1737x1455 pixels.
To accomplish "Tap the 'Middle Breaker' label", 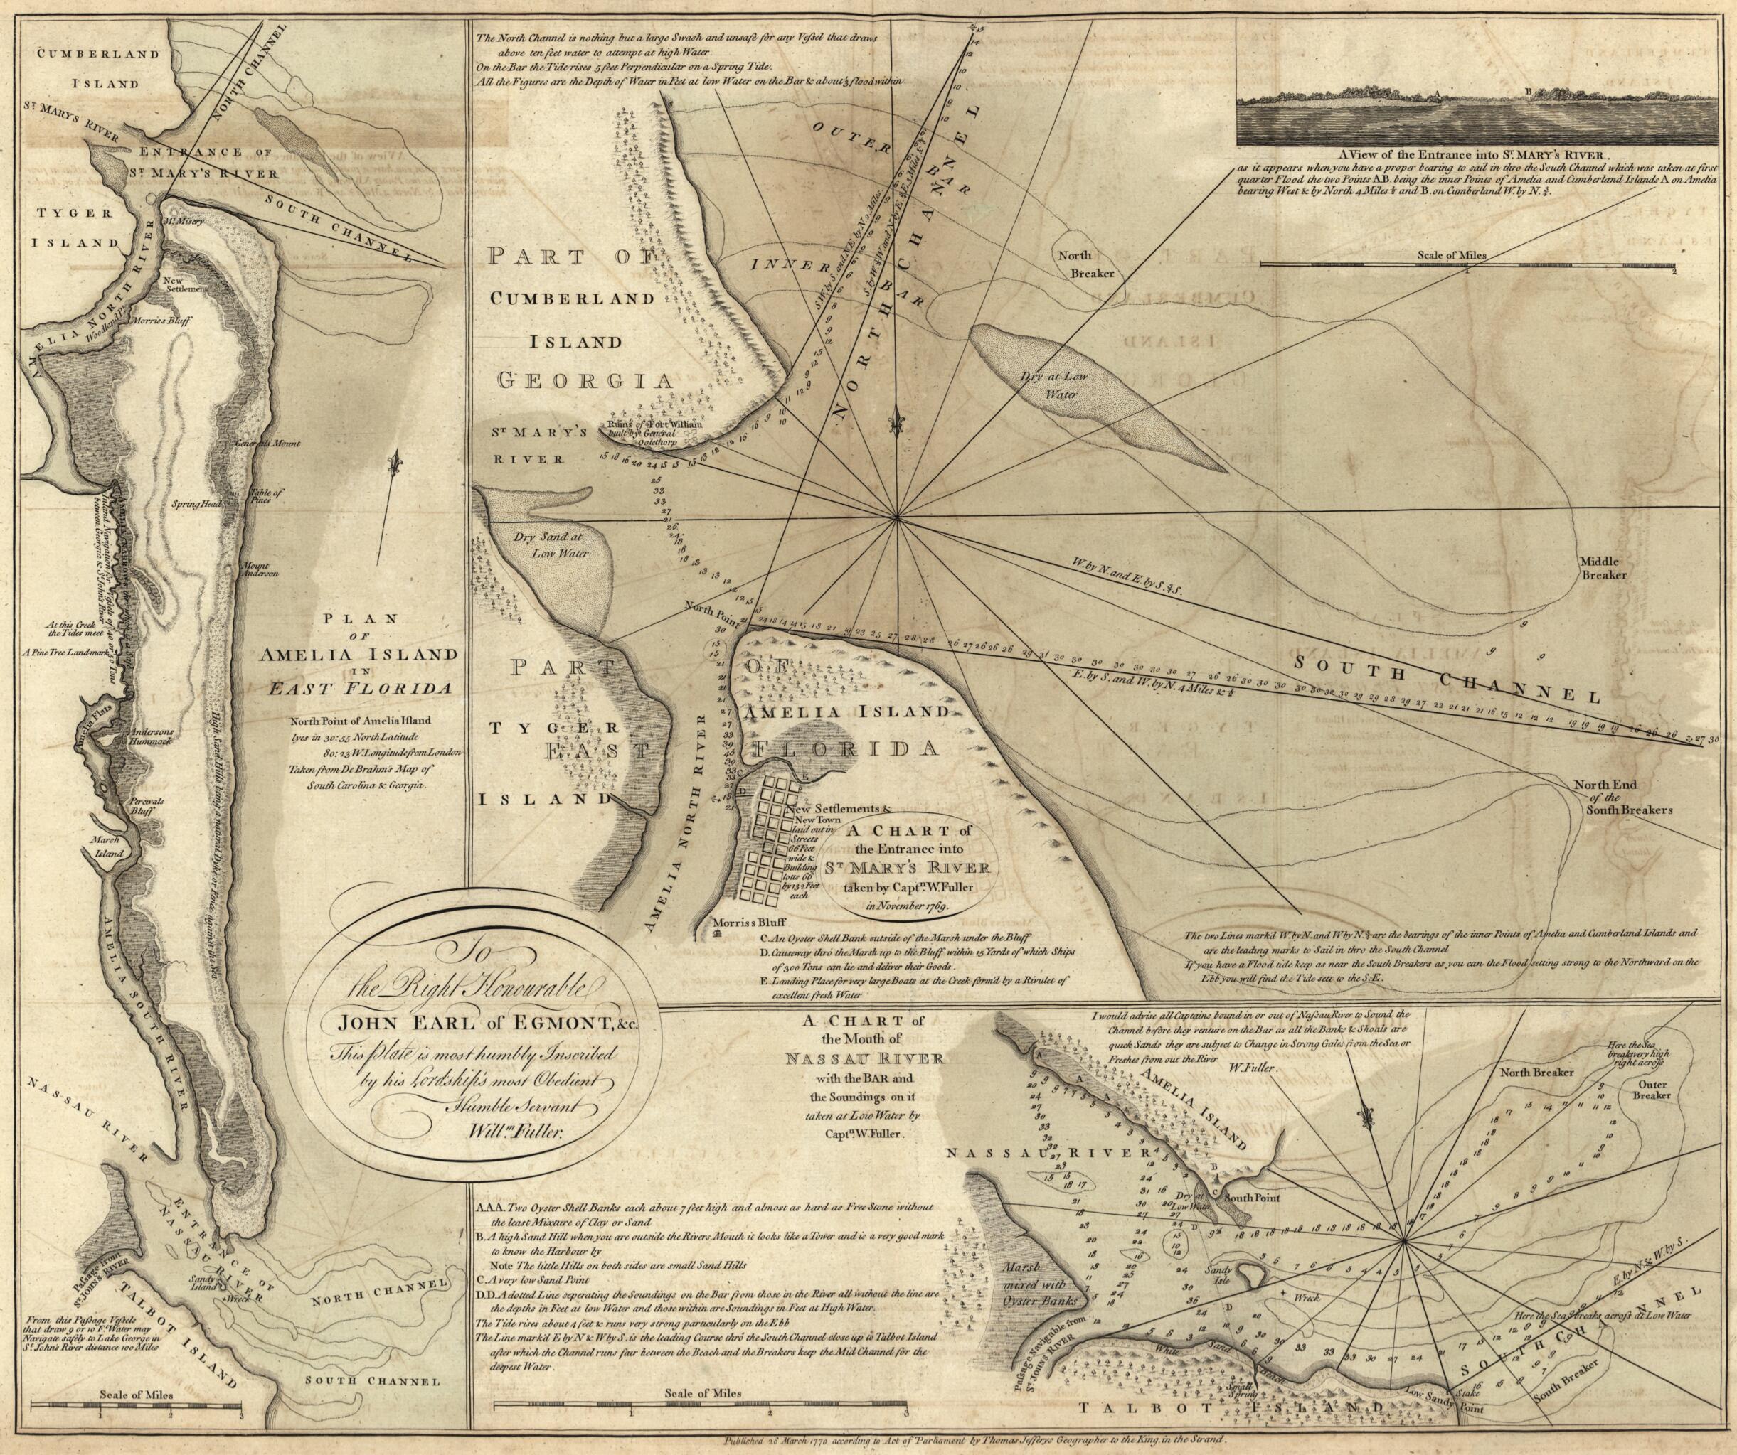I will click(x=1604, y=567).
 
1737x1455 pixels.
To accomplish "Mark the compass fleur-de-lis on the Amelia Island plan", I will click(x=398, y=461).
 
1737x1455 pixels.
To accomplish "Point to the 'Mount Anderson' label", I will click(x=260, y=569).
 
